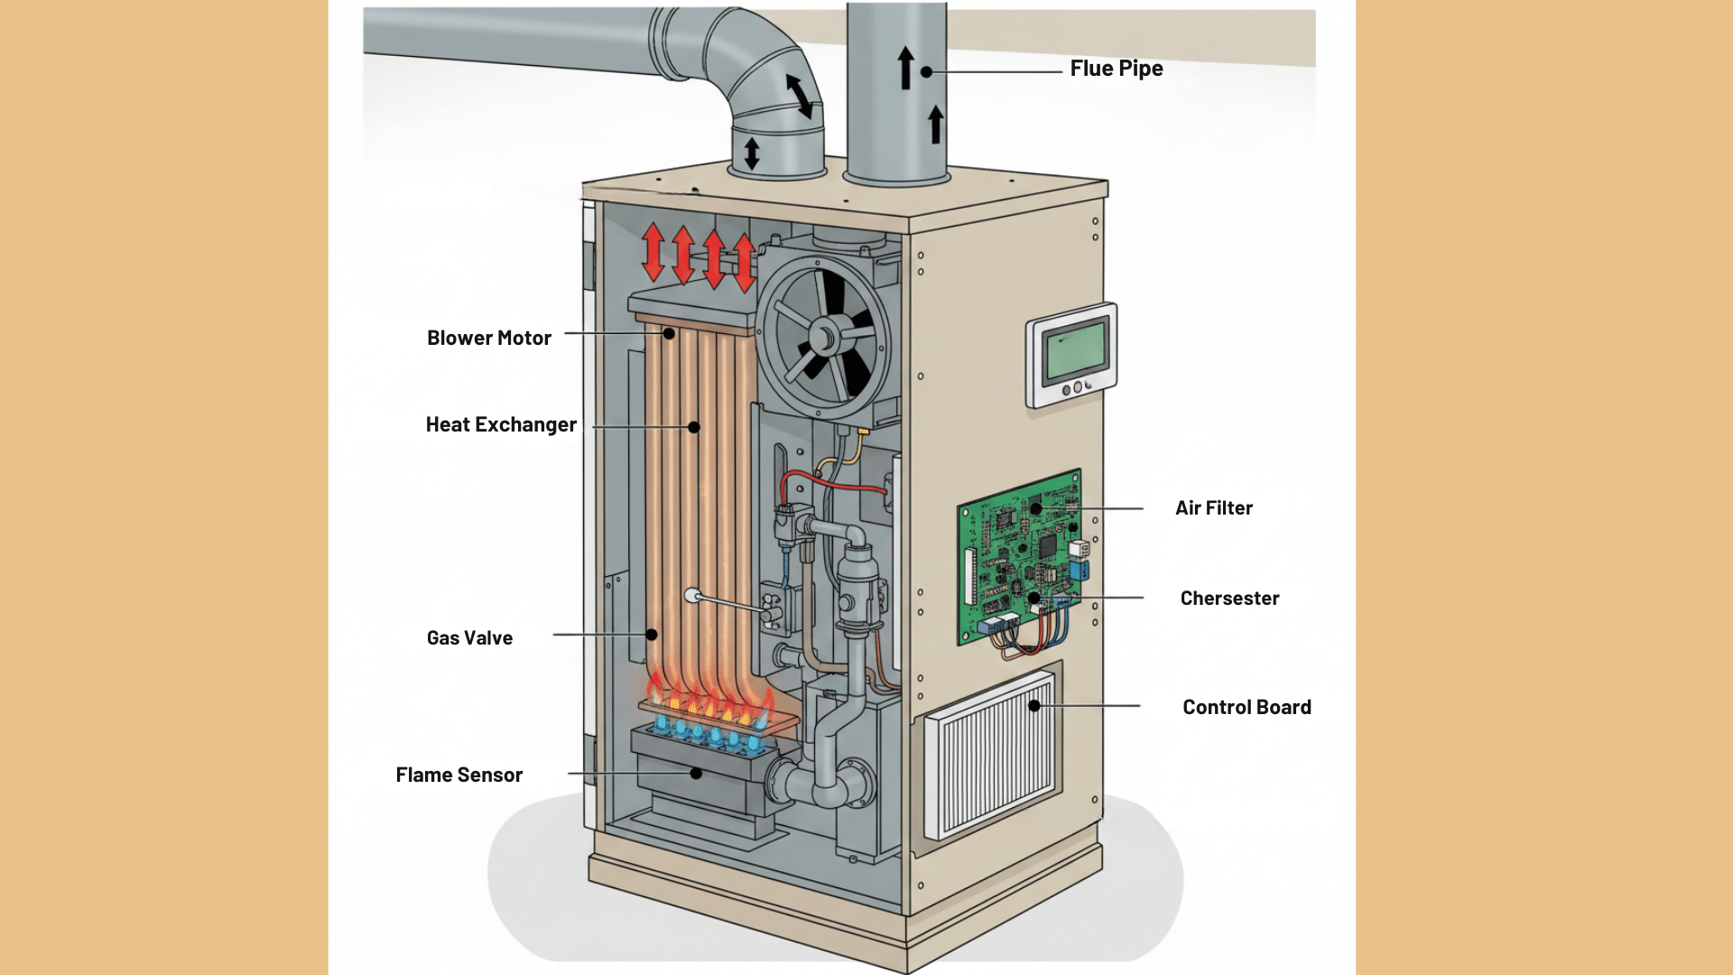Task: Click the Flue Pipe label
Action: (x=1116, y=69)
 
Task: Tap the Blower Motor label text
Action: (x=488, y=338)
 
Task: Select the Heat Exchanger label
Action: (x=501, y=424)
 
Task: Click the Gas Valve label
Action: (x=469, y=637)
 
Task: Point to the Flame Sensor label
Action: (x=459, y=775)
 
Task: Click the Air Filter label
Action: (x=1213, y=508)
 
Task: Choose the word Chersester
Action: (x=1229, y=599)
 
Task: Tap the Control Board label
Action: (x=1246, y=707)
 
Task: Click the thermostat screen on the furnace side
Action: (x=1073, y=351)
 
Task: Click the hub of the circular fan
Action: (x=822, y=339)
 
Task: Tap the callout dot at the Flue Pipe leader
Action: (x=926, y=71)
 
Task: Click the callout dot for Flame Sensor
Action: (x=696, y=774)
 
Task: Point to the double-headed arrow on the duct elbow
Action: (x=800, y=96)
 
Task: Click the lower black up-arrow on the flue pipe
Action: (x=936, y=125)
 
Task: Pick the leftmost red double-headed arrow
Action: (x=653, y=253)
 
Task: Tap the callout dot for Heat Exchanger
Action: (x=694, y=427)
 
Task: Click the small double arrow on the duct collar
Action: (x=752, y=153)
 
